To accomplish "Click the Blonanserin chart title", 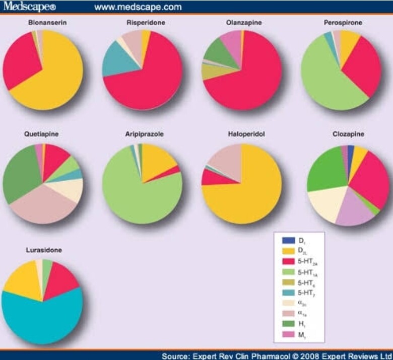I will (x=43, y=23).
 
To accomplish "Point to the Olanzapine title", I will (x=242, y=23).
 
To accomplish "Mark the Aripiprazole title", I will (x=143, y=135).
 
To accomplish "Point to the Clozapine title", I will (x=348, y=135).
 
